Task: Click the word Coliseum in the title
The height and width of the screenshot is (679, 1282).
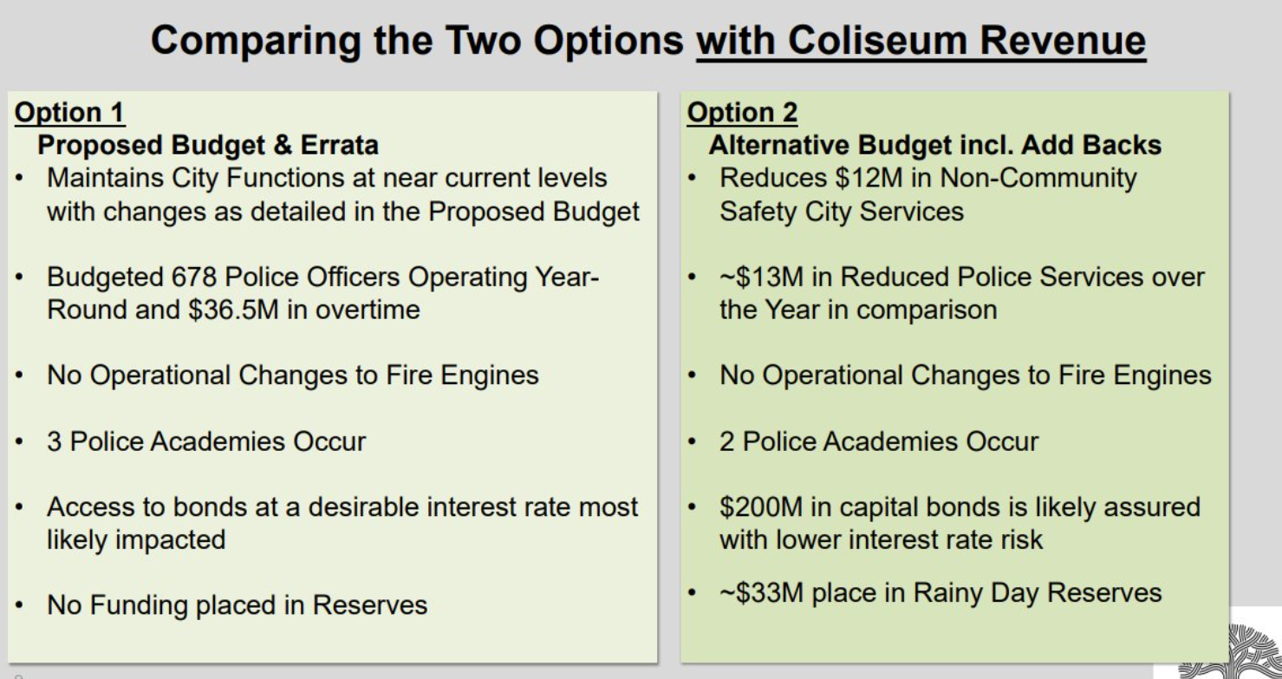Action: tap(877, 41)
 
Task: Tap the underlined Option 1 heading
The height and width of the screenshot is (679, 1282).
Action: tap(69, 112)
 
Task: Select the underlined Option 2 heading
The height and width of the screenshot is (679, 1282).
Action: tap(742, 112)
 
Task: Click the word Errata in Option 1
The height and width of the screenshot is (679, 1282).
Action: tap(340, 145)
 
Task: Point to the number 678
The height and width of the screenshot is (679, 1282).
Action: tap(194, 277)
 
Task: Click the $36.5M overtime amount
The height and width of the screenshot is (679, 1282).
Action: tap(233, 310)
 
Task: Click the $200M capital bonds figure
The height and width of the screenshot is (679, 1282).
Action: tap(761, 507)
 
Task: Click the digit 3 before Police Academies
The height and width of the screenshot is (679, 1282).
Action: tap(55, 441)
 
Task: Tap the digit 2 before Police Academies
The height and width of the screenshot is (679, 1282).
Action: tap(727, 441)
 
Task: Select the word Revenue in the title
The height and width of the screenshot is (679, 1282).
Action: tap(1063, 41)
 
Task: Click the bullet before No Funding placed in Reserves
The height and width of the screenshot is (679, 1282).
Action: tap(19, 605)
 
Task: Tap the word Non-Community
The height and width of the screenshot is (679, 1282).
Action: tap(1038, 178)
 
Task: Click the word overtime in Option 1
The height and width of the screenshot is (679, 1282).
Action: tap(368, 310)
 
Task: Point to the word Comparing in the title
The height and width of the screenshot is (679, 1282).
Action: tap(256, 42)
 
